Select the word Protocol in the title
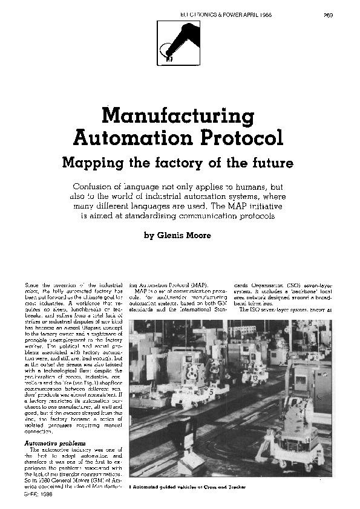click(x=241, y=138)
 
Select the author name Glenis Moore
click(x=186, y=236)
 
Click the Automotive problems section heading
click(x=54, y=445)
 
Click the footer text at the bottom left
click(x=38, y=501)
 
